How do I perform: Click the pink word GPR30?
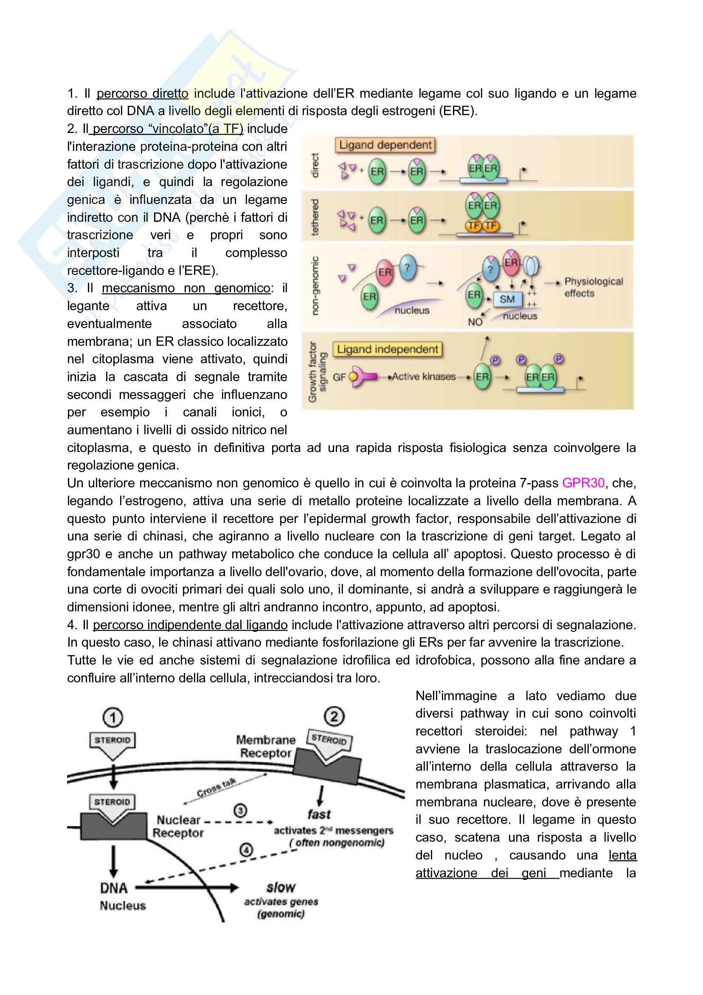click(583, 483)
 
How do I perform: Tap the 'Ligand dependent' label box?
click(385, 145)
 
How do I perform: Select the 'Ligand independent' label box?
click(387, 349)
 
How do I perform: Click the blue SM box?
click(507, 299)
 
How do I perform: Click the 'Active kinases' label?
click(423, 376)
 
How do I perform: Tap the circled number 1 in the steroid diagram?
click(112, 718)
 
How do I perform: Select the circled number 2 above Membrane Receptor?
click(334, 716)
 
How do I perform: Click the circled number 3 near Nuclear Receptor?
click(240, 810)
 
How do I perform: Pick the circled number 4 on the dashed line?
click(246, 850)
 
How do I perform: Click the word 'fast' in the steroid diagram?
click(319, 814)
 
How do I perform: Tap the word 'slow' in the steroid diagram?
click(281, 887)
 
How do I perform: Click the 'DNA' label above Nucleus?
click(114, 888)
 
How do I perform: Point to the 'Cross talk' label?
click(216, 787)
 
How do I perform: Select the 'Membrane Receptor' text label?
click(265, 746)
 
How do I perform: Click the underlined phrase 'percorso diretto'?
click(142, 93)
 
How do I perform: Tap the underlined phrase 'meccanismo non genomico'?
click(186, 288)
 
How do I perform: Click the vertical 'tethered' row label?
click(315, 217)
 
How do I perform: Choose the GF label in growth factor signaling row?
click(339, 377)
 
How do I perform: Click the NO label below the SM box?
click(475, 322)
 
